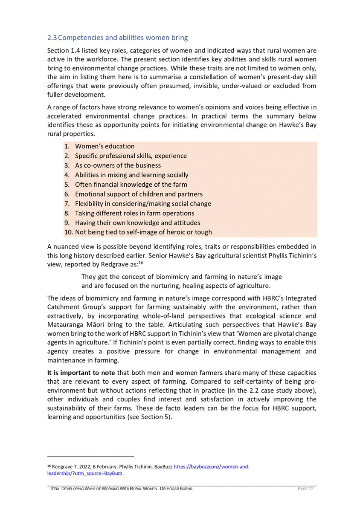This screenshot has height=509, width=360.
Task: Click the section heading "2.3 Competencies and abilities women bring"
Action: pos(117,38)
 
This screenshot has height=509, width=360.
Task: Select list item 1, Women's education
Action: pos(105,146)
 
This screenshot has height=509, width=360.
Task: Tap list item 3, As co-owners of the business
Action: pos(118,165)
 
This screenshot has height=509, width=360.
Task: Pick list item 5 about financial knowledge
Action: pos(131,185)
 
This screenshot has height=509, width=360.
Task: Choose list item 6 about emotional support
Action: pos(139,194)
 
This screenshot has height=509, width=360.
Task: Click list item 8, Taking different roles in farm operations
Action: pos(134,213)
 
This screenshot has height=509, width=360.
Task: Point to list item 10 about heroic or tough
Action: pos(143,232)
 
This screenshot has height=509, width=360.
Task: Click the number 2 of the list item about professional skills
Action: pos(67,156)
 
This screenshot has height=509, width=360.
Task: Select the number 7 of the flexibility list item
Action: pos(67,204)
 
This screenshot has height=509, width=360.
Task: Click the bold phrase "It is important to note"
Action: pos(81,373)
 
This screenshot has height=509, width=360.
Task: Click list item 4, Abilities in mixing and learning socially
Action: pos(131,175)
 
